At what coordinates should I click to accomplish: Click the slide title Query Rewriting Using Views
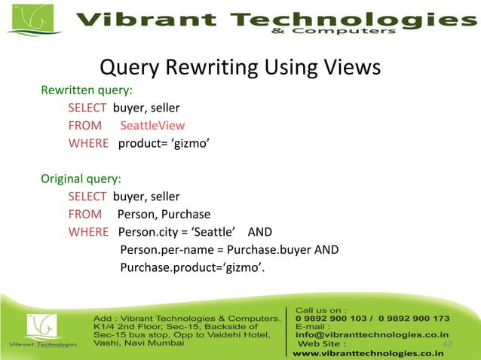pyautogui.click(x=240, y=69)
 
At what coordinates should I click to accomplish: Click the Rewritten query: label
pyautogui.click(x=87, y=91)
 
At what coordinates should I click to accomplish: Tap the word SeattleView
pyautogui.click(x=152, y=126)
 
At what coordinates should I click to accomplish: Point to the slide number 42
pyautogui.click(x=446, y=344)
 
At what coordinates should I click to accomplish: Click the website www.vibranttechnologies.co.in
pyautogui.click(x=368, y=352)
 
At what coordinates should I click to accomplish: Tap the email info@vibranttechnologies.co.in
pyautogui.click(x=372, y=335)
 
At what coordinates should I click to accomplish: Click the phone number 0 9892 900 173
pyautogui.click(x=416, y=319)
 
